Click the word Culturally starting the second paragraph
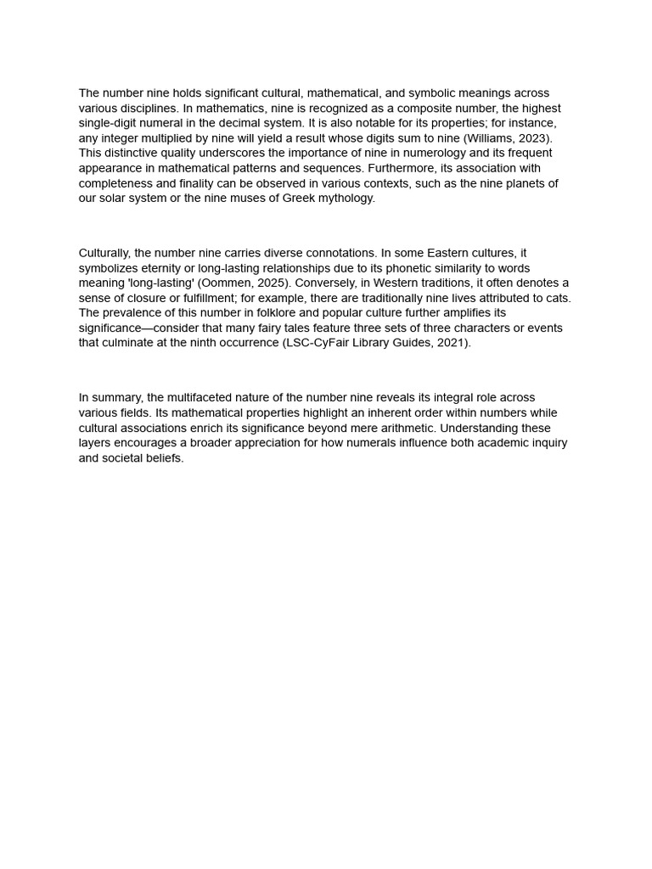pos(104,253)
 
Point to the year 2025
pos(272,283)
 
